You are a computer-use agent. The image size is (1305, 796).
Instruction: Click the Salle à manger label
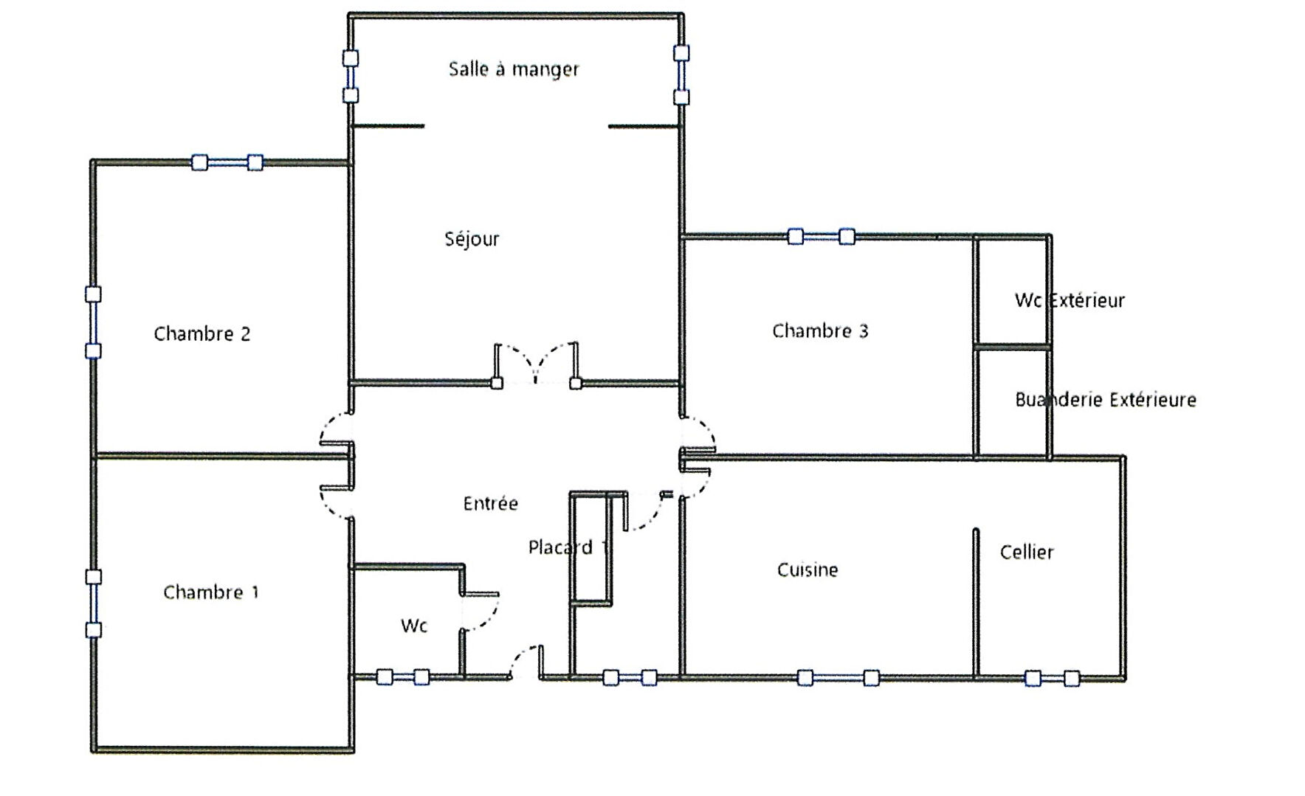pyautogui.click(x=514, y=69)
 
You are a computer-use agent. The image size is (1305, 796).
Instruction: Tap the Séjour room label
pyautogui.click(x=472, y=239)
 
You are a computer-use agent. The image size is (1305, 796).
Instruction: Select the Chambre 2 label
pyautogui.click(x=202, y=334)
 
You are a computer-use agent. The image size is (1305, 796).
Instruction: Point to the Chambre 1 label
pyautogui.click(x=211, y=592)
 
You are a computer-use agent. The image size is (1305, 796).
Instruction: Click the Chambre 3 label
pyautogui.click(x=820, y=331)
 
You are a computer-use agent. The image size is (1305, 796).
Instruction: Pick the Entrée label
pyautogui.click(x=491, y=504)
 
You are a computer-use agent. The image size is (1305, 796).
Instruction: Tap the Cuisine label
pyautogui.click(x=808, y=570)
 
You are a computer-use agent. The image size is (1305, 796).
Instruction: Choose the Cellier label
pyautogui.click(x=1027, y=553)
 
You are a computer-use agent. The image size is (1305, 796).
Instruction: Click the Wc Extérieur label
pyautogui.click(x=1070, y=301)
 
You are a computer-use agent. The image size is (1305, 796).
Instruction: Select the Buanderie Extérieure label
pyautogui.click(x=1106, y=400)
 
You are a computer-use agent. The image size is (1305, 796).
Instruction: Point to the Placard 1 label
pyautogui.click(x=568, y=547)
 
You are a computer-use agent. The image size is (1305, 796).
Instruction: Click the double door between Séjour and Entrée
pyautogui.click(x=537, y=364)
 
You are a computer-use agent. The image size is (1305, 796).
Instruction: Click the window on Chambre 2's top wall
pyautogui.click(x=227, y=162)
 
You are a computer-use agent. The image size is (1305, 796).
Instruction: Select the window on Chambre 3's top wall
pyautogui.click(x=821, y=237)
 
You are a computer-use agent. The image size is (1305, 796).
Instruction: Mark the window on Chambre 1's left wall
pyautogui.click(x=93, y=603)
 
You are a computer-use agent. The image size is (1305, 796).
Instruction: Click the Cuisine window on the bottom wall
pyautogui.click(x=838, y=677)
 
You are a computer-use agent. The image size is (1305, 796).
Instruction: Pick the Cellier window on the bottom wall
pyautogui.click(x=1052, y=678)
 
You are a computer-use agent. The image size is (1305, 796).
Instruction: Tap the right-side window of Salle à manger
pyautogui.click(x=681, y=75)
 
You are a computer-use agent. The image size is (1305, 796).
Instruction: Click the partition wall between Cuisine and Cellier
pyautogui.click(x=975, y=603)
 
